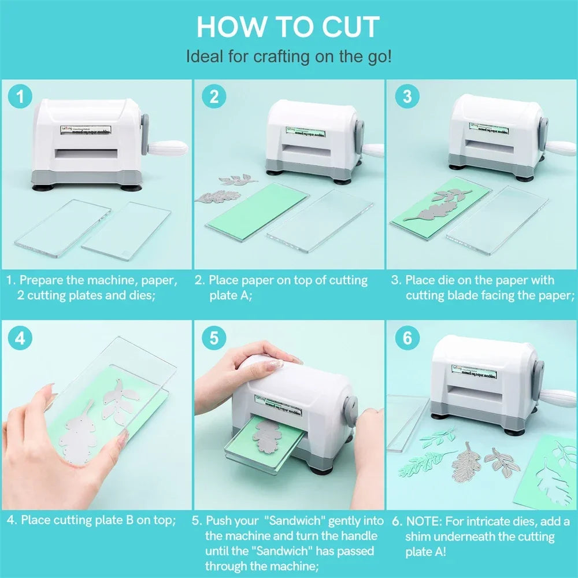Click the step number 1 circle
[22, 97]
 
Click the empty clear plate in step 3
[497, 220]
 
